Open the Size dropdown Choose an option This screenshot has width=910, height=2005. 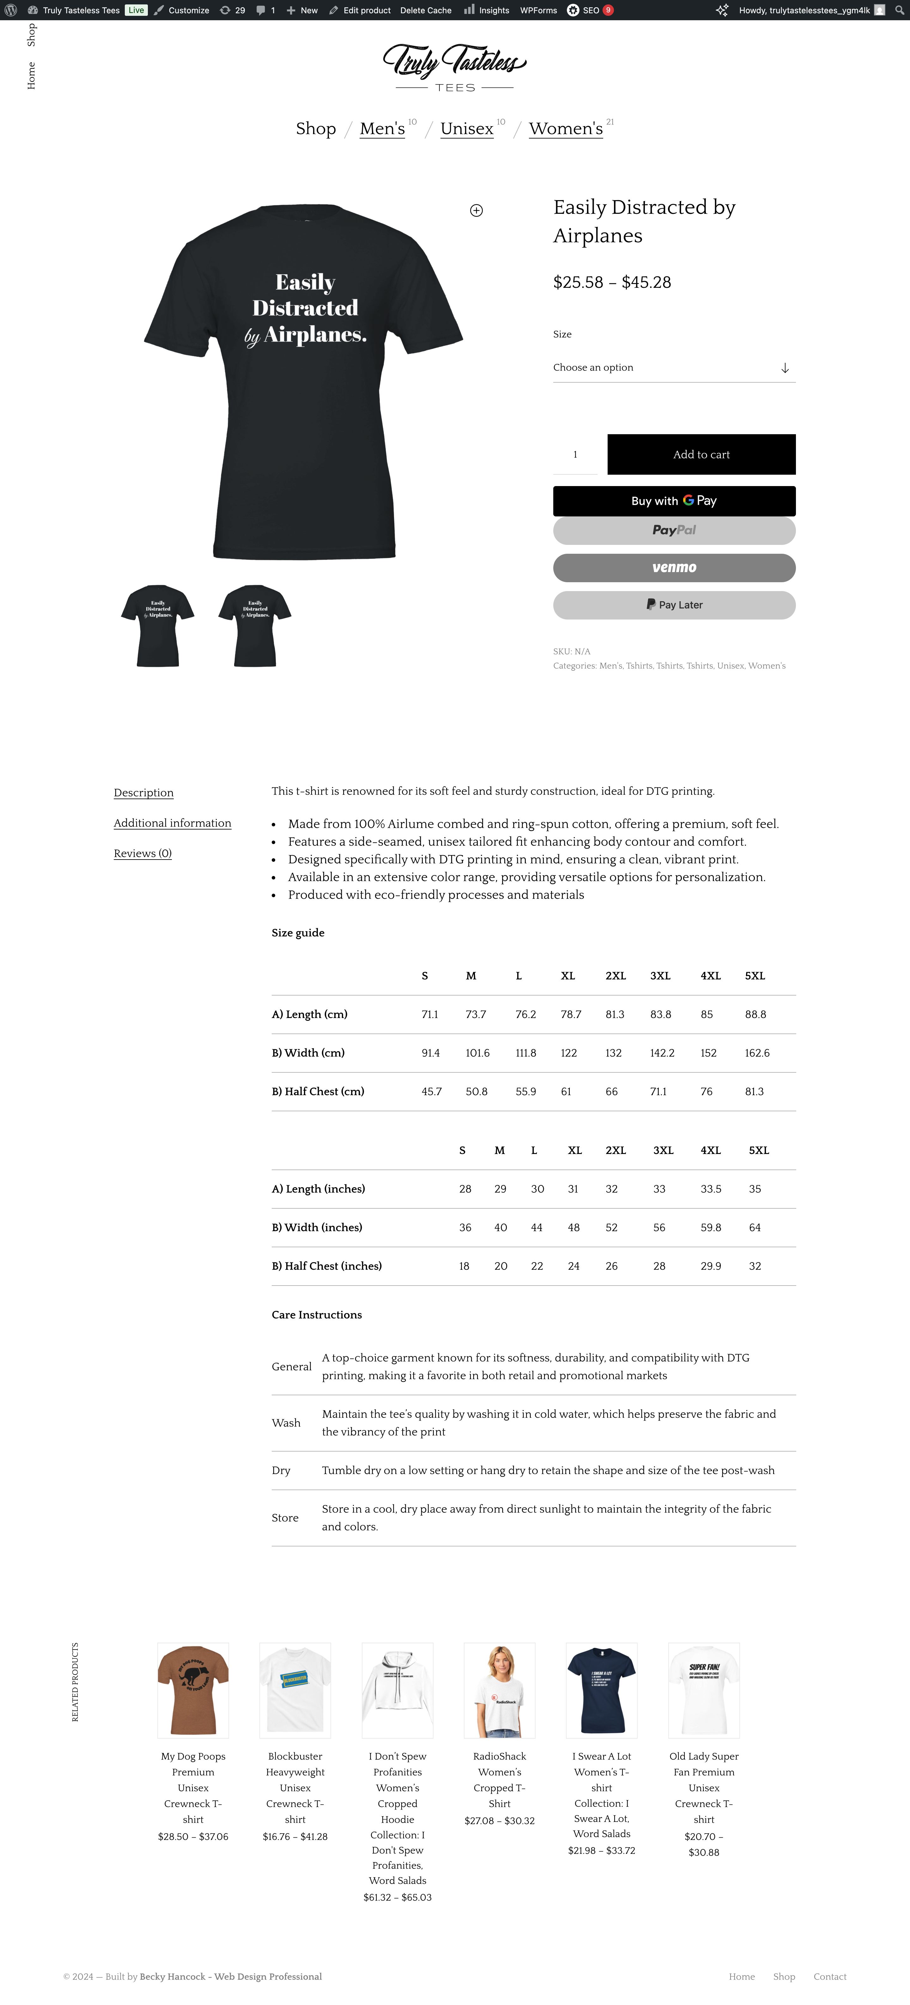[674, 367]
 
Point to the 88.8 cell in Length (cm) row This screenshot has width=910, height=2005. [755, 1014]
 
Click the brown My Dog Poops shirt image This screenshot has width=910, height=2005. [193, 1690]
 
